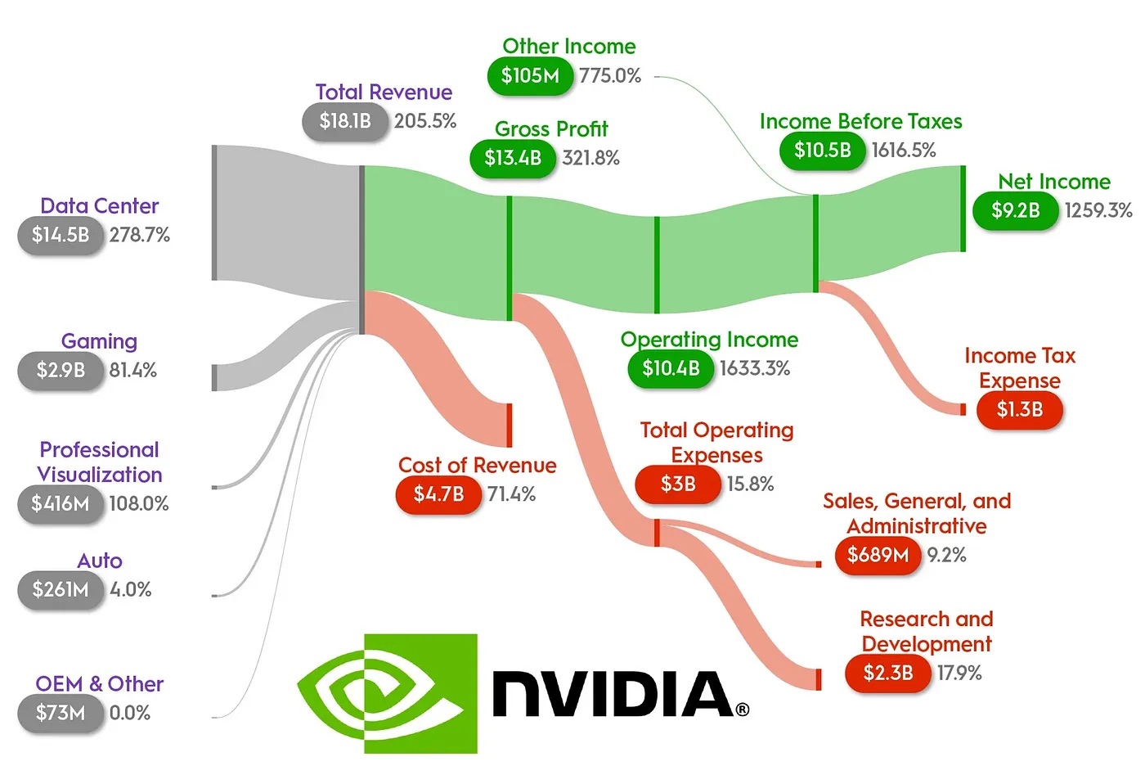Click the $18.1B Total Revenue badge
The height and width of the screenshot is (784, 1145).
[344, 121]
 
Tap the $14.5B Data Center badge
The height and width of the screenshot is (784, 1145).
[61, 235]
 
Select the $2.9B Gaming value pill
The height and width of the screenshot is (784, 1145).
[61, 370]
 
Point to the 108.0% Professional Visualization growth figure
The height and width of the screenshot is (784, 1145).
[139, 503]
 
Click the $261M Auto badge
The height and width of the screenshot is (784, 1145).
[61, 589]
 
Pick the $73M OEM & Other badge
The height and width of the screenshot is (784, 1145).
[61, 713]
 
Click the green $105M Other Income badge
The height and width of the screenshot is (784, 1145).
[530, 76]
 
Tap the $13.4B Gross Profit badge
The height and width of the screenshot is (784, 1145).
[513, 158]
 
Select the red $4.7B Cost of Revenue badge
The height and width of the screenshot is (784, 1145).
[438, 494]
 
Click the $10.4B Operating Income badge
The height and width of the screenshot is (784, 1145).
[671, 368]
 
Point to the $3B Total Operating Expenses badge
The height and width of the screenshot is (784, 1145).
[678, 484]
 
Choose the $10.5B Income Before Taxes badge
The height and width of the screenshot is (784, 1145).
[822, 151]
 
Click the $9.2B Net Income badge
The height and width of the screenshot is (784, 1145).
[1015, 210]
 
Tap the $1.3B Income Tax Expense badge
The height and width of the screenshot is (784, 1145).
[1019, 409]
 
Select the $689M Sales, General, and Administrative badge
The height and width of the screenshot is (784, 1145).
[878, 556]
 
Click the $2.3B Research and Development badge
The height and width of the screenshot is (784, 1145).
[887, 674]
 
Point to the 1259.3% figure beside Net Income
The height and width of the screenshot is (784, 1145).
[1098, 210]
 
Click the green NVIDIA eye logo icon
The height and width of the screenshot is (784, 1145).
[387, 693]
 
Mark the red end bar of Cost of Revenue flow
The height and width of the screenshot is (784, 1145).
[509, 425]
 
